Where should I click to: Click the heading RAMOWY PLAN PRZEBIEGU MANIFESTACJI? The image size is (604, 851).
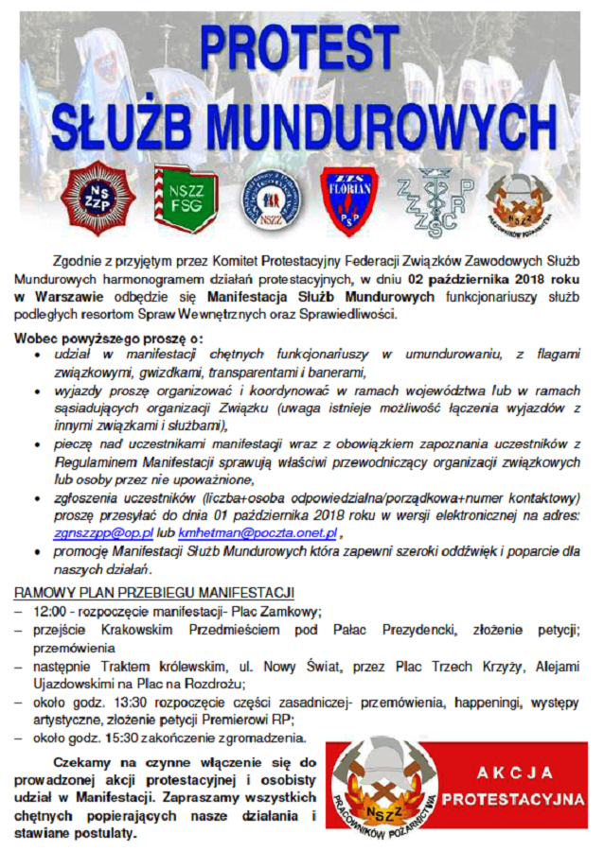153,593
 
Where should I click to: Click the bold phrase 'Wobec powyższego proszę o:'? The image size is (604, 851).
109,338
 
